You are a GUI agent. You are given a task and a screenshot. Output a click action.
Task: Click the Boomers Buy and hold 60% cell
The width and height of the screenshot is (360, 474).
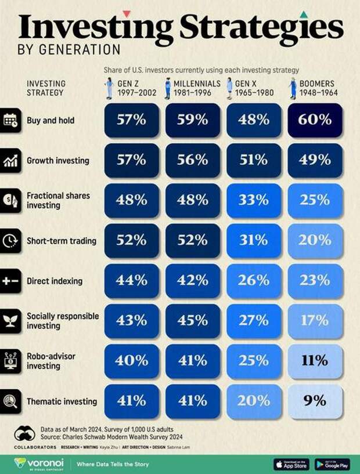(315, 120)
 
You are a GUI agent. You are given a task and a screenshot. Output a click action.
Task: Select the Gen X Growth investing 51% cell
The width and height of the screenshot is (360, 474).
(254, 160)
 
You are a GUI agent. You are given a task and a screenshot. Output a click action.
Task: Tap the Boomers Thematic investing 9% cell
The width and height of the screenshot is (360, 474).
(315, 400)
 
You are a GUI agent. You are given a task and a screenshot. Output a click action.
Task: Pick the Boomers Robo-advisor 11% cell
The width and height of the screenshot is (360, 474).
(315, 360)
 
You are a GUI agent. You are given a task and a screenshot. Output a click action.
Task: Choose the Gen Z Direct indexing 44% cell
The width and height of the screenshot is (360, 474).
(132, 280)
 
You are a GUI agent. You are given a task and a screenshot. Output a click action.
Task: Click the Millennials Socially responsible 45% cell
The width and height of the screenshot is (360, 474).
(193, 320)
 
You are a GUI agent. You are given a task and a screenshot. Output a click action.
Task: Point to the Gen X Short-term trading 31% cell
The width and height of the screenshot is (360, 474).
(254, 240)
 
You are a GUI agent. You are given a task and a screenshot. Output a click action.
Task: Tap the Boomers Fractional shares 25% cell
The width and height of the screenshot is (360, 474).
(315, 200)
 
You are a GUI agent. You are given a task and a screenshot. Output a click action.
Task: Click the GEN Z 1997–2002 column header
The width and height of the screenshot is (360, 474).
(132, 88)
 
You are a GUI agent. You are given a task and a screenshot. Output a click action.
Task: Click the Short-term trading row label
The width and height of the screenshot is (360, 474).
(62, 241)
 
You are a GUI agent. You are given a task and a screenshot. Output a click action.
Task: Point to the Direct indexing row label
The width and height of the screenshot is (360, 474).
(55, 281)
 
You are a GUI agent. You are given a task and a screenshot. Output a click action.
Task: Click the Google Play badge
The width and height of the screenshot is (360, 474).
(332, 464)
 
